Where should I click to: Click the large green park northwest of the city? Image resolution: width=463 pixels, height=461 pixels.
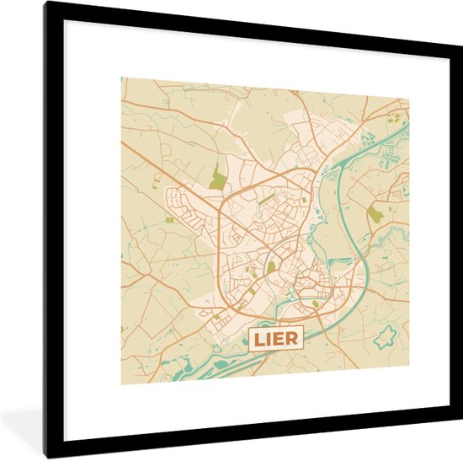[x=218, y=177]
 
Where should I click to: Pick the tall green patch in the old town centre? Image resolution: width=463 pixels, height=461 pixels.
[x=271, y=266]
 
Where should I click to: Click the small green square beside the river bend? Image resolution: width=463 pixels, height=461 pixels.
[x=316, y=303]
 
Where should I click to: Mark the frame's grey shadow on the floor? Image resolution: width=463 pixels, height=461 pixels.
[x=25, y=421]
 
